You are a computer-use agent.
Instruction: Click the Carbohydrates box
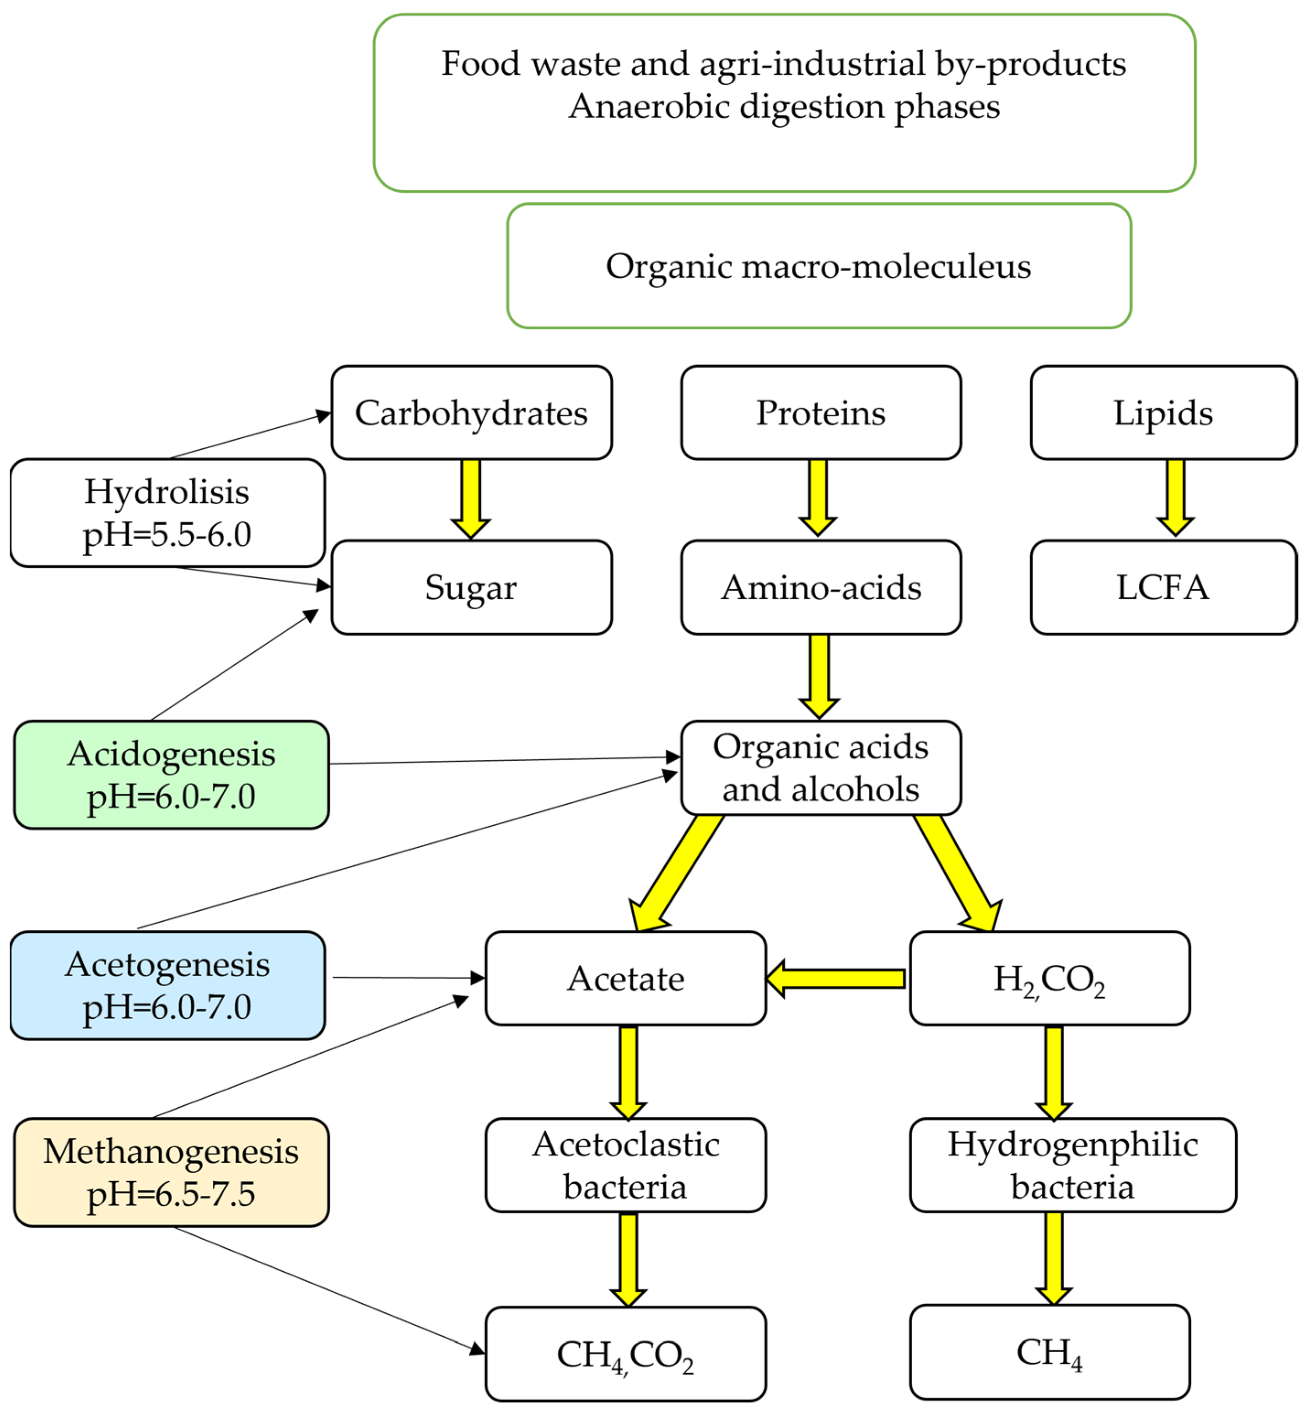(x=471, y=413)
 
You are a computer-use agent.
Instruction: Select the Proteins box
(x=821, y=413)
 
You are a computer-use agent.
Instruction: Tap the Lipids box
(x=1163, y=413)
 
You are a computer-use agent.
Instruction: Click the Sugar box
(x=471, y=587)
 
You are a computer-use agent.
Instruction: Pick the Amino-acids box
(x=821, y=587)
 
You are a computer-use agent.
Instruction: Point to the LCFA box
(x=1163, y=587)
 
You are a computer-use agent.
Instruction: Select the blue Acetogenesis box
(x=168, y=985)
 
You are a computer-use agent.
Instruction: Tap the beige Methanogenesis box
(x=171, y=1172)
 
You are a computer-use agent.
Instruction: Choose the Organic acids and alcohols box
(x=821, y=768)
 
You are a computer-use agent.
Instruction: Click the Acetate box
(x=626, y=978)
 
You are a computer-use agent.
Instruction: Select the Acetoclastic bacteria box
(x=626, y=1165)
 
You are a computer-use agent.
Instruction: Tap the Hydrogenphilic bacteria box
(x=1073, y=1165)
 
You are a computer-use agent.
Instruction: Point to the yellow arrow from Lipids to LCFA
(x=1176, y=498)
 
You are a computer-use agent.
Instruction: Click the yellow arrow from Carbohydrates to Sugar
(x=471, y=500)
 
